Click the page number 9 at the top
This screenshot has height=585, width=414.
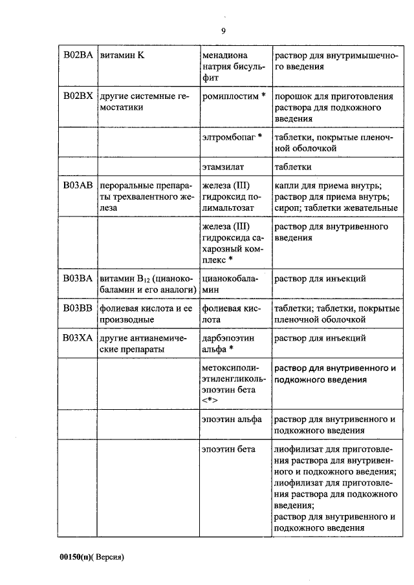coord(223,30)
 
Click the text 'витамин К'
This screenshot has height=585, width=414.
coord(122,56)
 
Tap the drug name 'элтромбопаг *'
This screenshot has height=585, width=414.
coord(232,137)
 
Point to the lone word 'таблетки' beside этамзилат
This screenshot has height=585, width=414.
coord(293,166)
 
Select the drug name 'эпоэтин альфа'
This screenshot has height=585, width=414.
coord(232,419)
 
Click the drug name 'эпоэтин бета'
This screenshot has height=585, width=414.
coord(228,449)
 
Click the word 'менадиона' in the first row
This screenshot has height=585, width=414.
coord(224,56)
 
